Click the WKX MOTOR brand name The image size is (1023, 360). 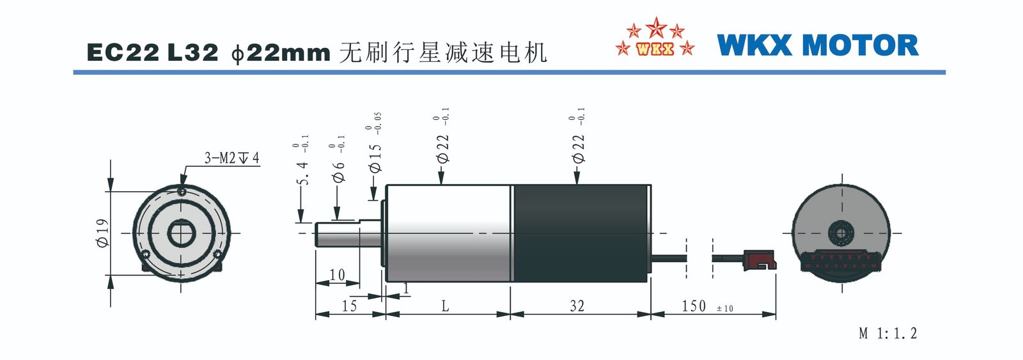pyautogui.click(x=818, y=45)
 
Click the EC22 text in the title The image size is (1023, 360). pyautogui.click(x=123, y=52)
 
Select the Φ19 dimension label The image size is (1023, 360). pyautogui.click(x=103, y=233)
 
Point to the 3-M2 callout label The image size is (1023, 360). pyautogui.click(x=231, y=158)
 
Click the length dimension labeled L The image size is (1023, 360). pyautogui.click(x=445, y=306)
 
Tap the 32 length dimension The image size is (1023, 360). pyautogui.click(x=577, y=306)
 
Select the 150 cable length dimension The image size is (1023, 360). pyautogui.click(x=694, y=306)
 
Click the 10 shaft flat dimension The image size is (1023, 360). pyautogui.click(x=337, y=274)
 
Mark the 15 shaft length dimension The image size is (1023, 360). pyautogui.click(x=349, y=306)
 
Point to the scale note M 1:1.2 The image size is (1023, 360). pyautogui.click(x=888, y=334)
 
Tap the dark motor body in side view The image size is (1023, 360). pyautogui.click(x=582, y=233)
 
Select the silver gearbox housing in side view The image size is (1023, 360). pyautogui.click(x=448, y=233)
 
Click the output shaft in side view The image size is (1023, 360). pyautogui.click(x=348, y=234)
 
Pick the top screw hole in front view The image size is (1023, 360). pyautogui.click(x=182, y=191)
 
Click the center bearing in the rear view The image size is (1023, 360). pyautogui.click(x=841, y=233)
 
